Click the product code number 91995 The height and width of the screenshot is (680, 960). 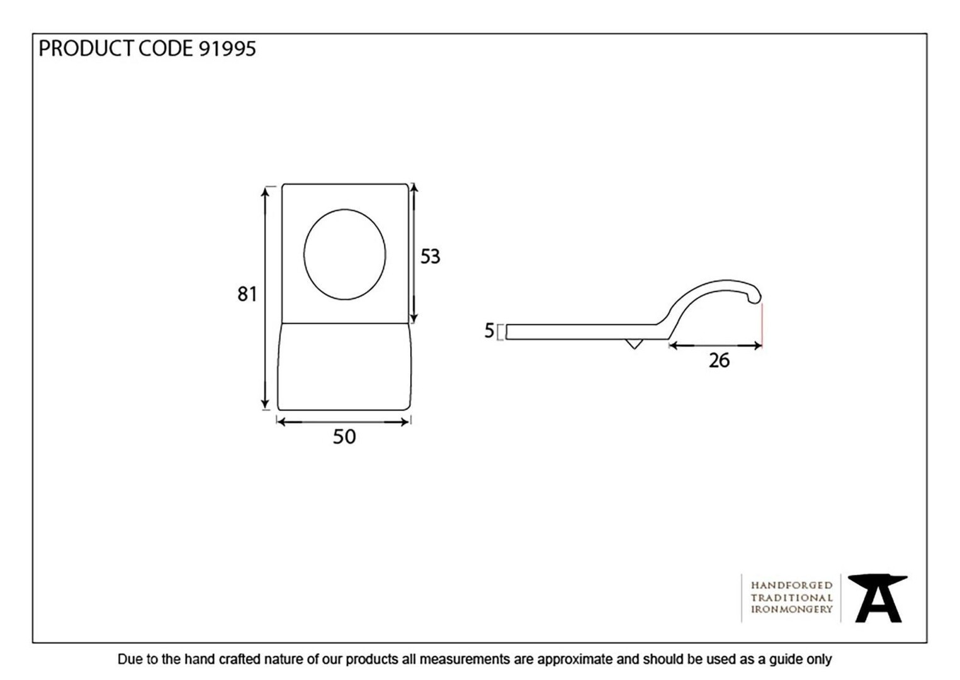(x=228, y=48)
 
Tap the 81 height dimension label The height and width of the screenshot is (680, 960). (x=247, y=294)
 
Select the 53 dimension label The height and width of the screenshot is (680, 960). (x=430, y=256)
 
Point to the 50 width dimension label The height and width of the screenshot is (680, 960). (x=344, y=436)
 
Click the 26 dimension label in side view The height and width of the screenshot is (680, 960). (x=719, y=361)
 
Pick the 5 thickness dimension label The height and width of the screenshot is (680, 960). (x=489, y=331)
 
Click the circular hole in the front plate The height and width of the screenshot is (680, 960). (x=344, y=254)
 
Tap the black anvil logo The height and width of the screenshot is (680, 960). (x=878, y=598)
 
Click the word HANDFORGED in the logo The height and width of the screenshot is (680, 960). (x=791, y=586)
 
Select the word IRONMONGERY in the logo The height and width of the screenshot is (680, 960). (x=791, y=609)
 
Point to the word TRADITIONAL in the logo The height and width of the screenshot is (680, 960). (x=791, y=598)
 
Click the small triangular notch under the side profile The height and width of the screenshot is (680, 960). (x=633, y=343)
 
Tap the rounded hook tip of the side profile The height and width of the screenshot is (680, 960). (x=755, y=296)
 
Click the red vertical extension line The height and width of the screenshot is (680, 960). (x=762, y=324)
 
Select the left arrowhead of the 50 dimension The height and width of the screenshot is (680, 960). (x=282, y=422)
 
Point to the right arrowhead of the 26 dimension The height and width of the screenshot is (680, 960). (x=757, y=346)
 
